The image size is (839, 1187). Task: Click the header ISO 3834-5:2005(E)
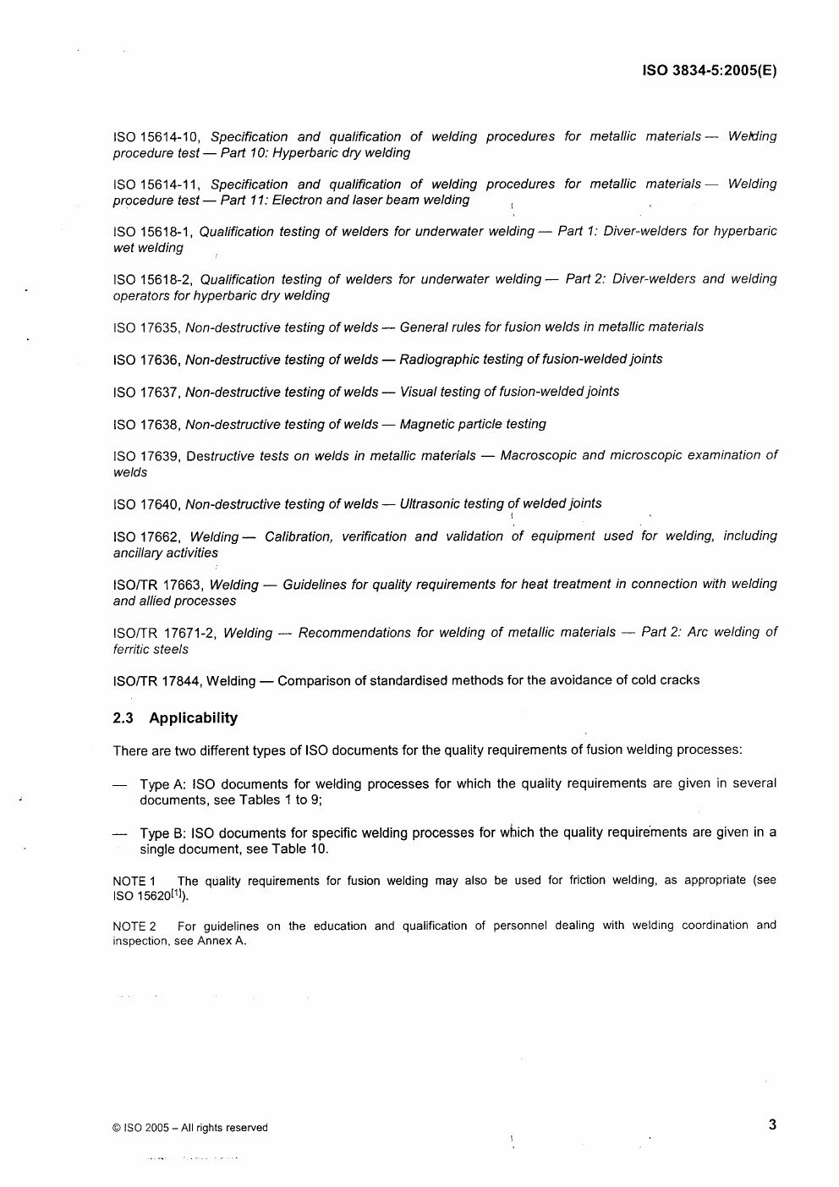click(x=709, y=71)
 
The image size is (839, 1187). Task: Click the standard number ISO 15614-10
click(x=156, y=137)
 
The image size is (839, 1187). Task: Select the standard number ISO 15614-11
click(x=156, y=184)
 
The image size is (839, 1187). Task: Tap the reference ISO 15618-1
click(x=152, y=232)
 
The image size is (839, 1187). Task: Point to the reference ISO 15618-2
click(x=152, y=279)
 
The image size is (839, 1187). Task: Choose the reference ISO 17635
click(x=145, y=327)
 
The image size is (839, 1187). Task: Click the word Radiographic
click(x=440, y=360)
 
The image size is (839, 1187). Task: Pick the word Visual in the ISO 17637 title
click(x=419, y=392)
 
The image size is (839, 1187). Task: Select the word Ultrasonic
click(x=431, y=504)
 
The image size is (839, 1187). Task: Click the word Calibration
click(x=299, y=536)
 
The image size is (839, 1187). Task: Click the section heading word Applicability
click(x=193, y=718)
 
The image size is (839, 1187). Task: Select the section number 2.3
click(x=123, y=718)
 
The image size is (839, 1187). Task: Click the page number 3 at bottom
click(x=772, y=1124)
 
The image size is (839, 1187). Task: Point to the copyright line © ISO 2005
click(x=189, y=1128)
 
